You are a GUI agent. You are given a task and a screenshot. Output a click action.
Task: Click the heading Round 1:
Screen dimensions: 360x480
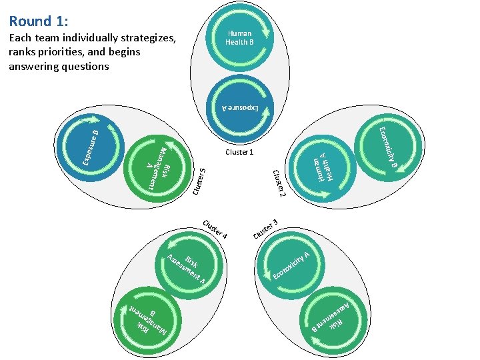[x=39, y=21]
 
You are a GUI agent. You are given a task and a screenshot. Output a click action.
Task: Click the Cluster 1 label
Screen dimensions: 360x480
[x=239, y=152]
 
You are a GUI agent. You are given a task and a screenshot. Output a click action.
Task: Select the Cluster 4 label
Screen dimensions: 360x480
[x=215, y=229]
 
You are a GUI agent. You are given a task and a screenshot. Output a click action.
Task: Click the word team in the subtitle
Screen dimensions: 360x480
[x=47, y=38]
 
